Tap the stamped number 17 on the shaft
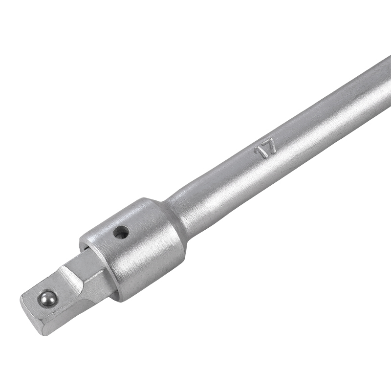click(x=265, y=149)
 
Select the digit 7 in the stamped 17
click(x=270, y=147)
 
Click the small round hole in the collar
click(x=120, y=233)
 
